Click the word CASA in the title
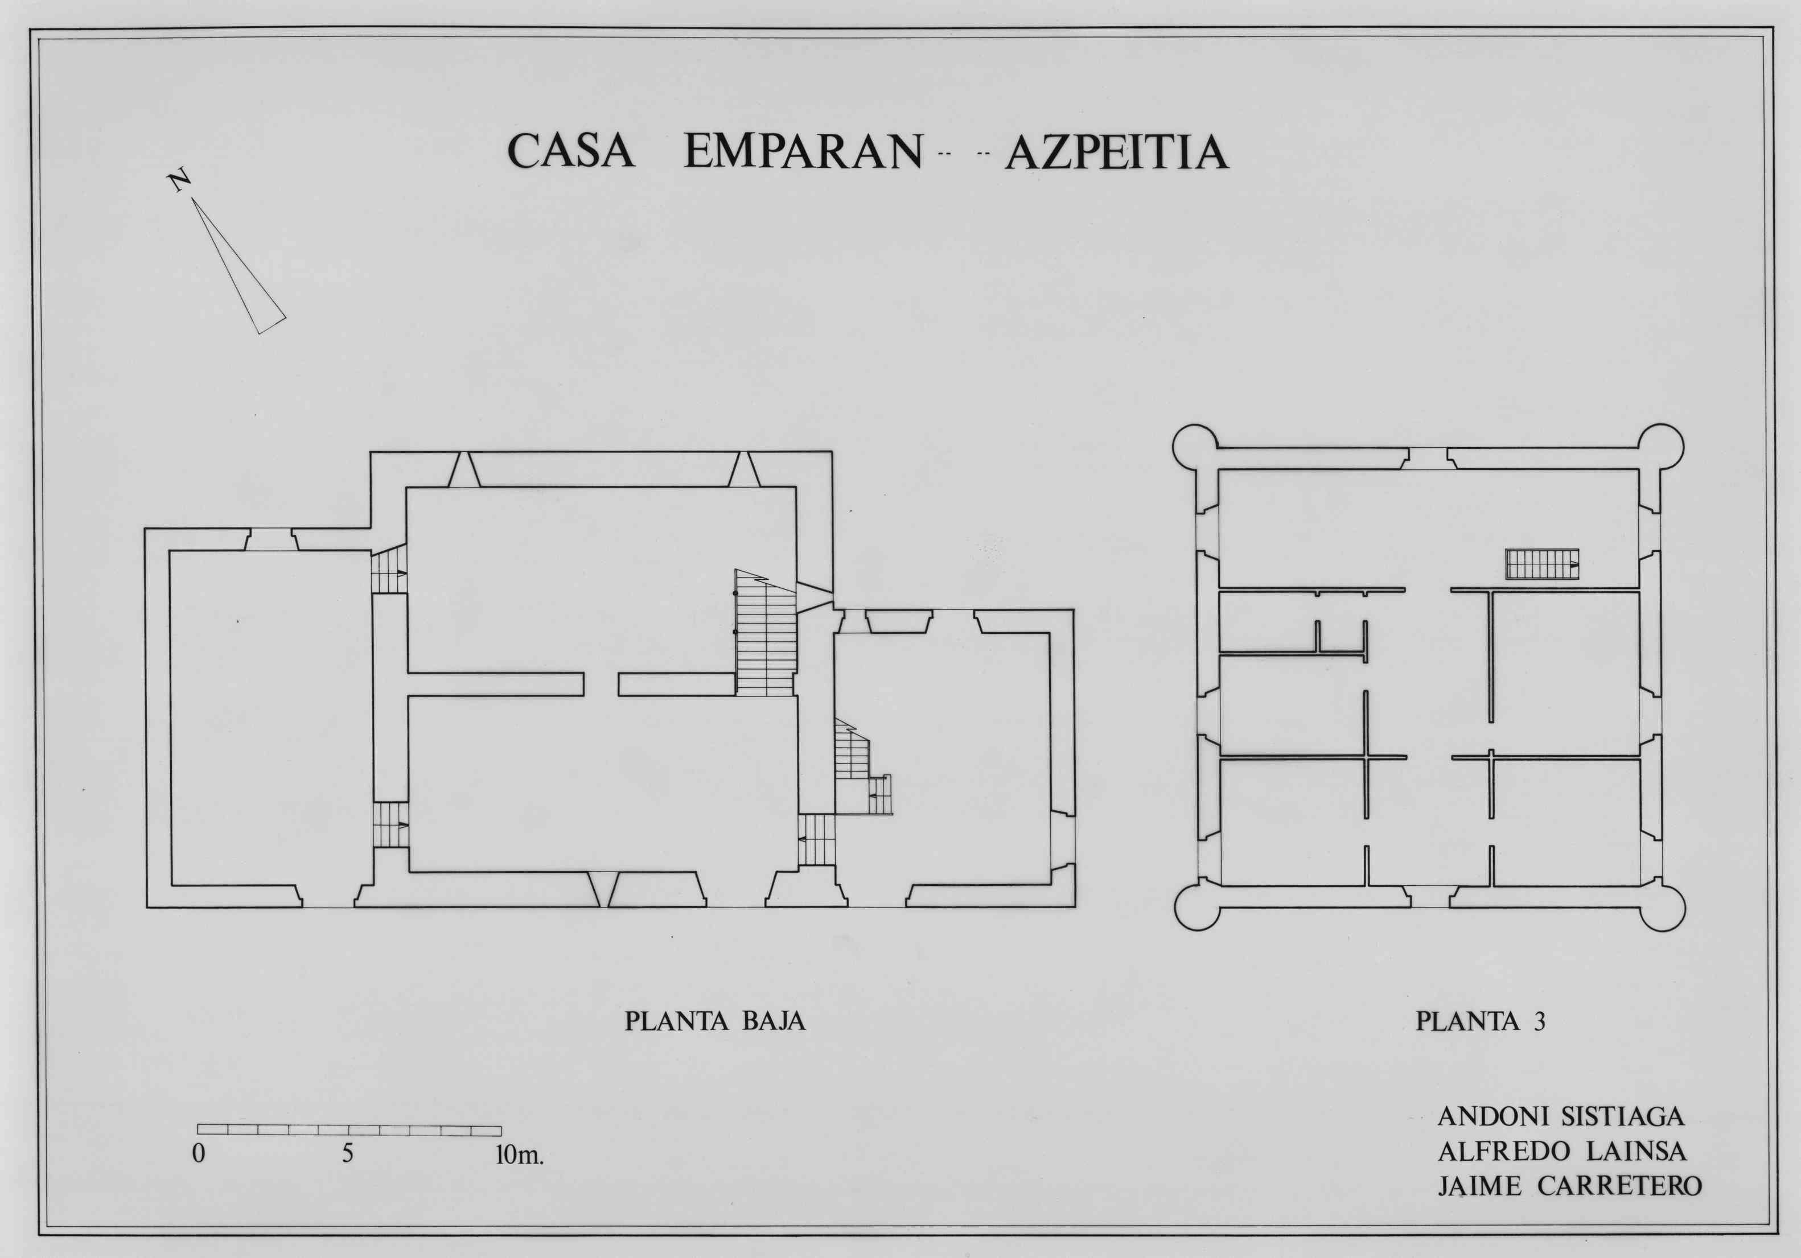pos(570,151)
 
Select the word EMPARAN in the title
pos(803,151)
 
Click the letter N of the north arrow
pos(180,180)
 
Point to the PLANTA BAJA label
pos(714,1021)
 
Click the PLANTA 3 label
pos(1480,1021)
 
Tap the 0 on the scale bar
pos(199,1154)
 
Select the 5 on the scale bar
pos(347,1154)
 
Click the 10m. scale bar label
pos(519,1154)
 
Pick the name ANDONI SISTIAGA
pos(1561,1117)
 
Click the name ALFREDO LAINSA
pos(1562,1150)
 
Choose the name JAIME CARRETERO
pos(1569,1185)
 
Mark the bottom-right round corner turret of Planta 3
pos(1662,908)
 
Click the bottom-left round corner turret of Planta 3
pos(1198,908)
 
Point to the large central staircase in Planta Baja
pos(766,632)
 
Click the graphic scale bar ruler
pos(349,1130)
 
